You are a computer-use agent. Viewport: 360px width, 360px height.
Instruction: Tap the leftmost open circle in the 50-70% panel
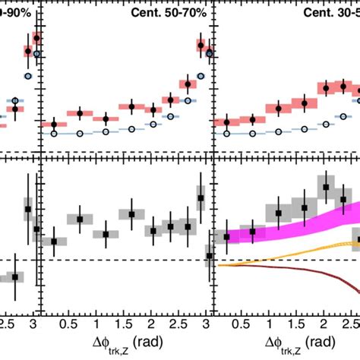(54, 133)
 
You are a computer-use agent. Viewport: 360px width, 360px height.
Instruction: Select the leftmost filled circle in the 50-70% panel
(54, 124)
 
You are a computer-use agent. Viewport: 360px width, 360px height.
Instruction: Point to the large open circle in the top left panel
(28, 77)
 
